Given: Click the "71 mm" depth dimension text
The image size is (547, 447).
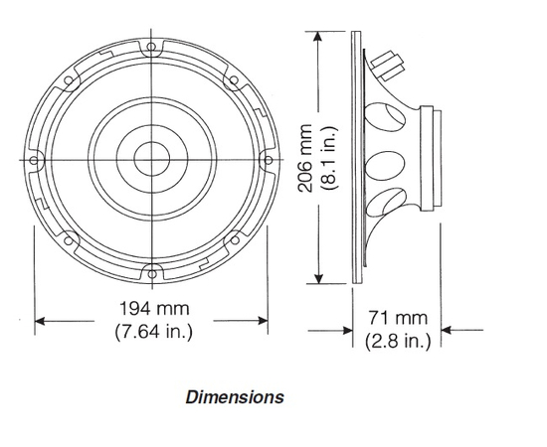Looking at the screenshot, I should click(397, 319).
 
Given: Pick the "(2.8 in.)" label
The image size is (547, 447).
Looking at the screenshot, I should click(397, 341).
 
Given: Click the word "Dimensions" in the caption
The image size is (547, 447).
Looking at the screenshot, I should click(235, 397).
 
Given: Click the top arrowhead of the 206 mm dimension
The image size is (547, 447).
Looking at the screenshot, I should click(319, 37).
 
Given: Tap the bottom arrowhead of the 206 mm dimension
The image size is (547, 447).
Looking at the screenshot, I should click(319, 281).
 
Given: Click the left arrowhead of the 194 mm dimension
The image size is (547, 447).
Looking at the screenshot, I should click(41, 321).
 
